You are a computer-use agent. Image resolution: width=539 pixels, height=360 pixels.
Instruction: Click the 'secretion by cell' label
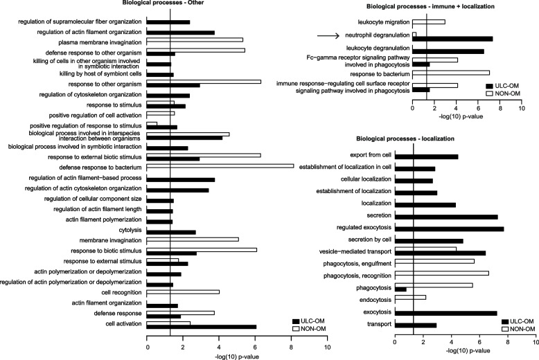365,241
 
